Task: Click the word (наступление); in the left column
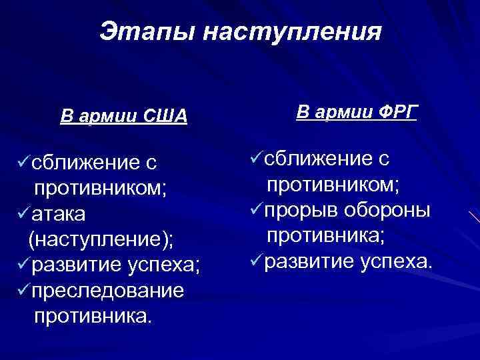tap(101, 239)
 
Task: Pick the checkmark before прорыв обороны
tap(255, 209)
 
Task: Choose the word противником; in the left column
tap(100, 188)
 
